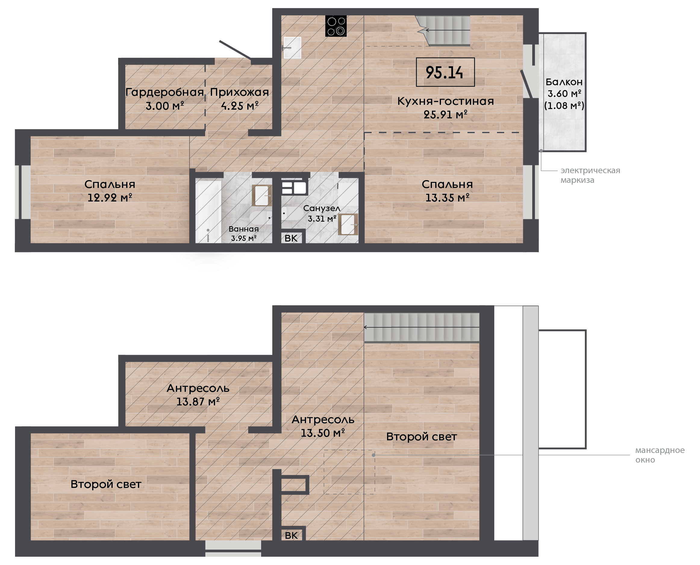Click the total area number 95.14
tap(445, 72)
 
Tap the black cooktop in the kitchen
tap(336, 26)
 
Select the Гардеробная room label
tap(165, 92)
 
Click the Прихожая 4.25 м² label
tap(239, 99)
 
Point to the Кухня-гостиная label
tap(445, 101)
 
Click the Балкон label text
tap(564, 82)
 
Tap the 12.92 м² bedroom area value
tap(110, 198)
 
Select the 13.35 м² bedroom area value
tap(448, 198)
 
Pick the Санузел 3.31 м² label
tap(322, 214)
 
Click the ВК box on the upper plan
tap(291, 238)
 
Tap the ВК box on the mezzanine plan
tap(291, 536)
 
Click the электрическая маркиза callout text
tap(590, 175)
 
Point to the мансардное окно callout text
tap(660, 455)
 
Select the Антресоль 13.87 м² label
tap(198, 395)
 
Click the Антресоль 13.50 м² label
tap(323, 426)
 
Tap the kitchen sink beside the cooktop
tap(292, 48)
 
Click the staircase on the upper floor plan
tap(443, 30)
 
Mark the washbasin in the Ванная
tap(262, 195)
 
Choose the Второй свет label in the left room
tap(106, 484)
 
